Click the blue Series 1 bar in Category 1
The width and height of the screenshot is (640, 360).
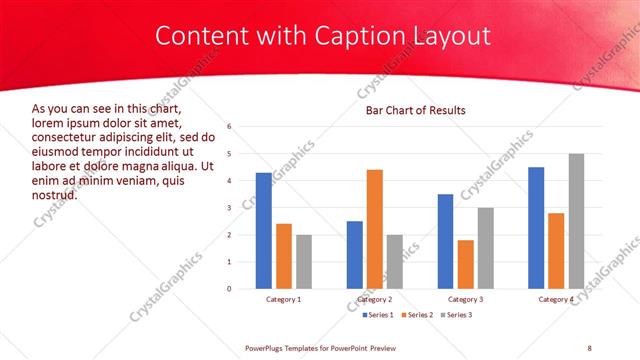tap(263, 231)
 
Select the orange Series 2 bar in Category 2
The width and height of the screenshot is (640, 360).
tap(374, 229)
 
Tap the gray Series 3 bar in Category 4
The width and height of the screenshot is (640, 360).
tap(576, 221)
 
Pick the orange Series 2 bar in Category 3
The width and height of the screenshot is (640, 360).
tap(465, 264)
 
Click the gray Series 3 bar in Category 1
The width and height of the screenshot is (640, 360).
tap(303, 262)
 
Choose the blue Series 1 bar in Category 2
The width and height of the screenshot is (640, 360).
tap(354, 255)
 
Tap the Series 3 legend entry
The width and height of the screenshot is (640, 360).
tap(459, 315)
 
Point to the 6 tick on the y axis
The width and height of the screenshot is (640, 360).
tap(230, 127)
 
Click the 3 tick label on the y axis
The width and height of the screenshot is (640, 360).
tap(230, 208)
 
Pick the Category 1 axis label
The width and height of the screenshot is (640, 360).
tap(283, 299)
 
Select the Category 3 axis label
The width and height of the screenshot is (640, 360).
tap(465, 299)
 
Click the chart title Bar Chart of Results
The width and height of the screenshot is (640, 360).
tap(415, 109)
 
